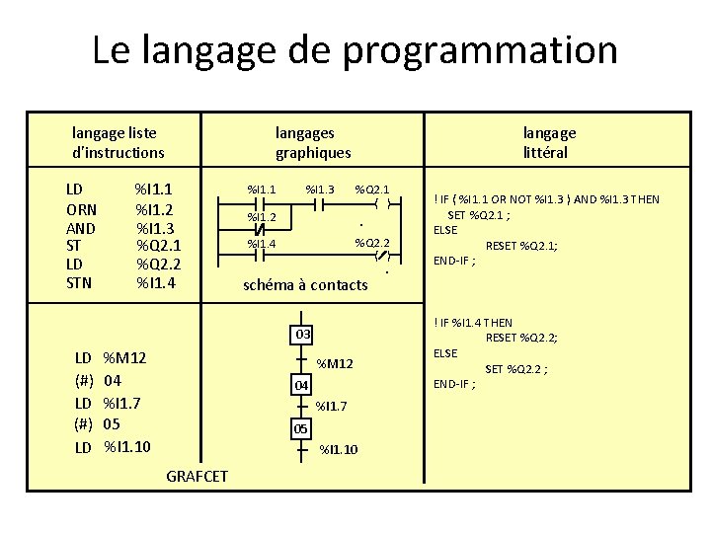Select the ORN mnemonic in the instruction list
[82, 209]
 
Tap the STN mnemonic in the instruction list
[79, 283]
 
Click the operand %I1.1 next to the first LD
[154, 190]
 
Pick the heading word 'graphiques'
[313, 153]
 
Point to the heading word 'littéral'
[546, 153]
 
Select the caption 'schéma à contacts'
[305, 285]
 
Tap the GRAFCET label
[197, 476]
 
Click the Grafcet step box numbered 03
[303, 334]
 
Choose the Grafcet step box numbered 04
[302, 384]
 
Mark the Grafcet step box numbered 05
[302, 428]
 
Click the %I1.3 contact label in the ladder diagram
[320, 190]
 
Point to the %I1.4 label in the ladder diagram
[261, 244]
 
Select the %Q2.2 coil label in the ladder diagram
[372, 243]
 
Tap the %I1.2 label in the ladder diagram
[261, 217]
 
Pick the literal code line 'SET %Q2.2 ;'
[516, 369]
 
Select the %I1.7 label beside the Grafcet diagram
[331, 406]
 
